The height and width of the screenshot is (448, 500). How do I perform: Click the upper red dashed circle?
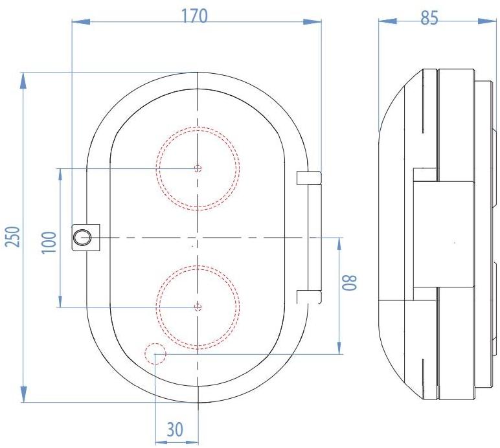click(x=198, y=168)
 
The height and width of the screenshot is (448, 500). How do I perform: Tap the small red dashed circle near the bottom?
click(x=156, y=353)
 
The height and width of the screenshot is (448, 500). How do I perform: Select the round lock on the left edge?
click(x=82, y=238)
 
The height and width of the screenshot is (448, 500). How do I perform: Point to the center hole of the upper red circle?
click(x=198, y=168)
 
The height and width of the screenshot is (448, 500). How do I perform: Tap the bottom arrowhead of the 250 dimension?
click(x=24, y=395)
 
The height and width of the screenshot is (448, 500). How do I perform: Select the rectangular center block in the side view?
click(x=447, y=234)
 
